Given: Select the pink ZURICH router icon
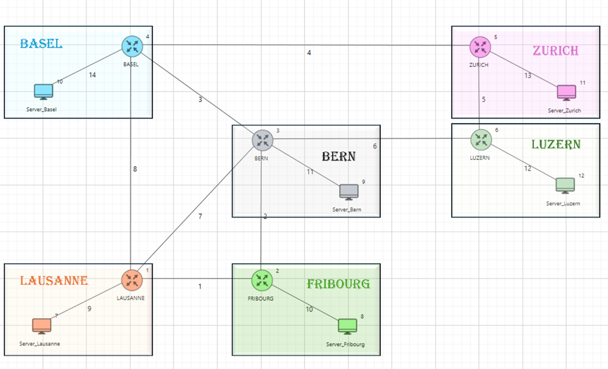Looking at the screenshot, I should [480, 46].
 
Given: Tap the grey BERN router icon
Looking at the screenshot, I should [262, 140].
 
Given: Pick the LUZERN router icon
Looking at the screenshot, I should [480, 139].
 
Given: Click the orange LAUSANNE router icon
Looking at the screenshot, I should [132, 280].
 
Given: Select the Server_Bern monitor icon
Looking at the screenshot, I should [349, 192].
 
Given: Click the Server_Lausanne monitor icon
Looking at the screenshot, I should [42, 326].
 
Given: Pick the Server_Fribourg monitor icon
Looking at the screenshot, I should [347, 326].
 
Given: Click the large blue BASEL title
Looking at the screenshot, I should [41, 44].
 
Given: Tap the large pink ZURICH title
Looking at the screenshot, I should [556, 51].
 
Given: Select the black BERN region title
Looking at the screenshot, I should [339, 156].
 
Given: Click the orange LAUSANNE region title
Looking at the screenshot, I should [54, 281].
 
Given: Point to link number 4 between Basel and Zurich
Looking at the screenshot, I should [309, 53].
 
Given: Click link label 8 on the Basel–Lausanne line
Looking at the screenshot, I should [135, 169].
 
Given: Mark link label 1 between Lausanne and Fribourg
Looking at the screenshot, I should [200, 286].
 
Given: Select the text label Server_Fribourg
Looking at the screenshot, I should [345, 344].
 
